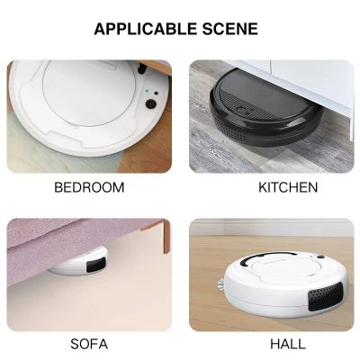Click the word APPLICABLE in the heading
(x=146, y=29)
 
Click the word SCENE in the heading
(x=230, y=29)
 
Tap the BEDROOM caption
(x=89, y=187)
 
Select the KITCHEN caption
(x=288, y=187)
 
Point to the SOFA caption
(x=89, y=344)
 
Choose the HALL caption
(x=288, y=344)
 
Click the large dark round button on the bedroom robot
(x=150, y=103)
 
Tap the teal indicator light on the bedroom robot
(x=147, y=91)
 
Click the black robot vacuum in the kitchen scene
(x=266, y=107)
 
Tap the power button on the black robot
(x=242, y=110)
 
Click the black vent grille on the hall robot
(x=326, y=296)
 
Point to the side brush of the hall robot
(x=220, y=284)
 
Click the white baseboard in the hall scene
(x=272, y=229)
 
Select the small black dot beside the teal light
(x=156, y=94)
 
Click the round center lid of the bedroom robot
(x=89, y=92)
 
